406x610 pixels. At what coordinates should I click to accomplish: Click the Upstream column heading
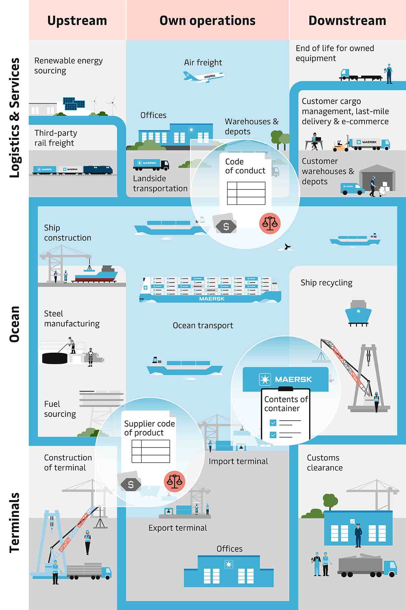pyautogui.click(x=77, y=20)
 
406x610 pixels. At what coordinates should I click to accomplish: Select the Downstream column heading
pyautogui.click(x=347, y=20)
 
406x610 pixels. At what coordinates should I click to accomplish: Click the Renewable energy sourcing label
pyautogui.click(x=68, y=66)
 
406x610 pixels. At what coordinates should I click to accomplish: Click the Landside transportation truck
pyautogui.click(x=151, y=164)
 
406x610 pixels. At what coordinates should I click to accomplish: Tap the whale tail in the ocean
pyautogui.click(x=287, y=247)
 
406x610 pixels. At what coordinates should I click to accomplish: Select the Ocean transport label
pyautogui.click(x=203, y=326)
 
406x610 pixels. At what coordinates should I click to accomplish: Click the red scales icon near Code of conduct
pyautogui.click(x=270, y=223)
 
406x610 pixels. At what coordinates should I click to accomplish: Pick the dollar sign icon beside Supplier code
pyautogui.click(x=131, y=484)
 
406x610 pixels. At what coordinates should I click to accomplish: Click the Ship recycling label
pyautogui.click(x=326, y=283)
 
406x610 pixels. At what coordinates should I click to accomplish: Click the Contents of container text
pyautogui.click(x=286, y=404)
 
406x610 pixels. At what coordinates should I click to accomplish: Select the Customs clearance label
pyautogui.click(x=325, y=463)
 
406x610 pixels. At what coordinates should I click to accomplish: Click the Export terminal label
pyautogui.click(x=178, y=528)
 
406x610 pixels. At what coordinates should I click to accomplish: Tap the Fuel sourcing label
pyautogui.click(x=60, y=409)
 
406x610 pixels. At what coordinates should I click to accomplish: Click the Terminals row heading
pyautogui.click(x=14, y=522)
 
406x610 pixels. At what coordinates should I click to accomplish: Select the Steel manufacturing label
pyautogui.click(x=72, y=319)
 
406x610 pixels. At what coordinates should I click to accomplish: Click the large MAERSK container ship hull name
pyautogui.click(x=212, y=299)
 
